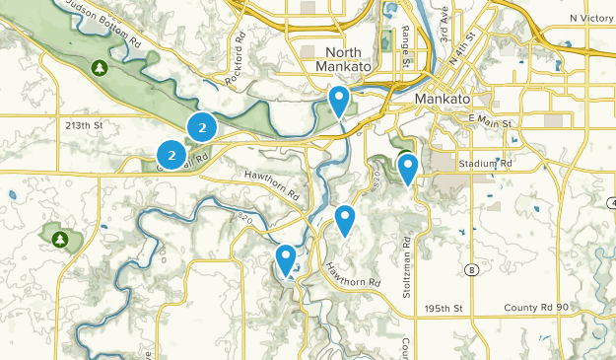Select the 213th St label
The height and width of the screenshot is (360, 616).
85,125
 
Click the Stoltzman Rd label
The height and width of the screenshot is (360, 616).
406,267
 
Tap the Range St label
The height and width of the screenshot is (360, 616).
405,46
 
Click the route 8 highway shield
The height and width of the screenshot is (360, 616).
473,269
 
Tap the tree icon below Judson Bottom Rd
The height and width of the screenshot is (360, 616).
99,67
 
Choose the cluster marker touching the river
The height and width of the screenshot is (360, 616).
202,126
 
